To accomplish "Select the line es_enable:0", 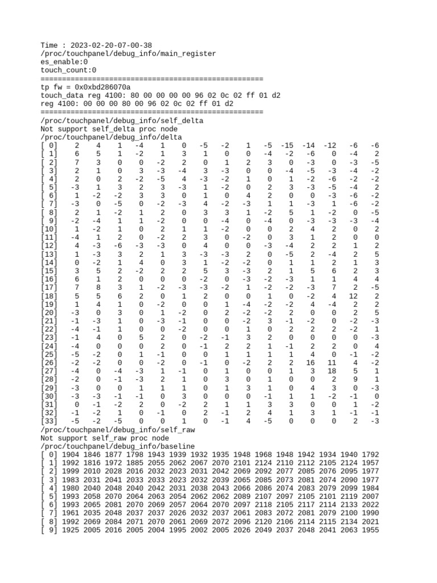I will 64,61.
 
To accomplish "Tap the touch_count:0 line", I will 68,70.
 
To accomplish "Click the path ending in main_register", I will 128,54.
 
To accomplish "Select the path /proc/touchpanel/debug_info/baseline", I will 117,446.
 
